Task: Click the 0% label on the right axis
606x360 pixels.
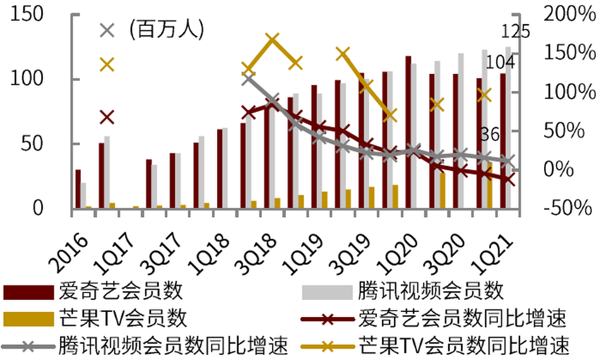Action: click(x=575, y=169)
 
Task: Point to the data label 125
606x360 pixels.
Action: click(x=516, y=32)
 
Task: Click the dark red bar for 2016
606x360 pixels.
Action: click(x=78, y=189)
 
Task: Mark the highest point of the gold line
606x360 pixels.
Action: click(x=272, y=40)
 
